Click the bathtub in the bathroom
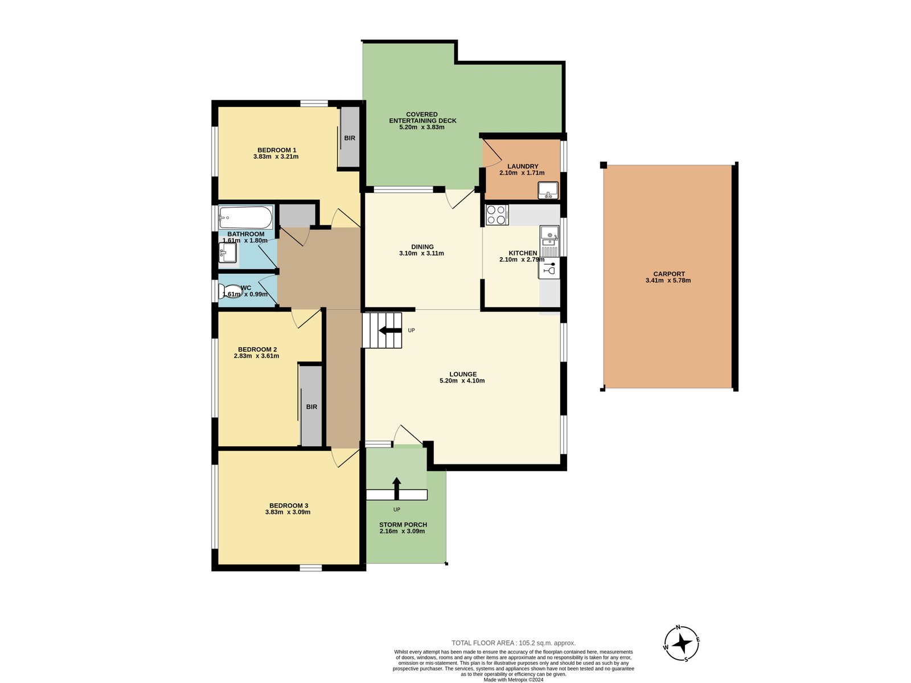point(246,217)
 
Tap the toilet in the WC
point(229,291)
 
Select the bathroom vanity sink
point(228,253)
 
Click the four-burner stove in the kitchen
point(496,215)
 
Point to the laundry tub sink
point(548,190)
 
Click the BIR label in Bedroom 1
point(350,138)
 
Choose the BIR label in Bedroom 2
point(311,406)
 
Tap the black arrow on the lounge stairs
point(389,330)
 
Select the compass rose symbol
point(682,644)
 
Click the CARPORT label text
point(668,274)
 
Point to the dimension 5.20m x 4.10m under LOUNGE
point(462,381)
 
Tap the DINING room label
point(422,246)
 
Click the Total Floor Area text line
point(513,643)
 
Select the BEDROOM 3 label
point(288,505)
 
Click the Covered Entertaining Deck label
point(422,117)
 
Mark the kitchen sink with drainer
point(549,241)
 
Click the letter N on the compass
point(678,627)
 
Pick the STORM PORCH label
point(403,525)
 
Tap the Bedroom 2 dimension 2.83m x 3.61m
point(256,356)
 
